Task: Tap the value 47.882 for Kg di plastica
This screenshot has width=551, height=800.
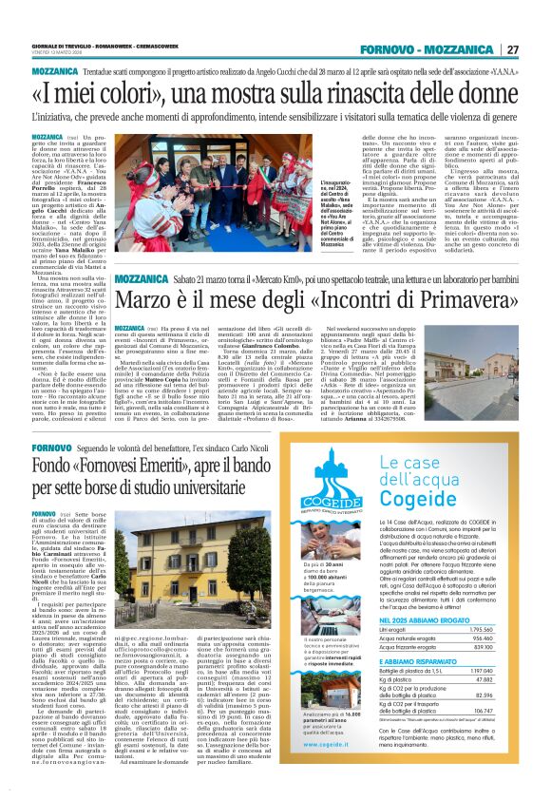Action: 510,706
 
